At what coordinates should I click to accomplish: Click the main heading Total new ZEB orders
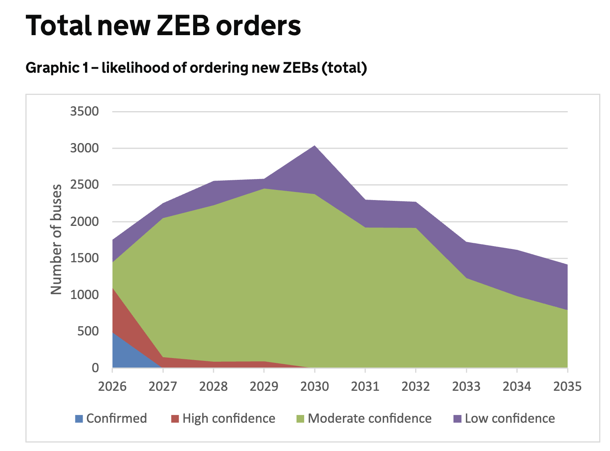coord(163,26)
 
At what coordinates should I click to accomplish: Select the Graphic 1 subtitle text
coord(196,68)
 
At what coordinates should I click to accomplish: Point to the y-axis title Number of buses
coord(56,239)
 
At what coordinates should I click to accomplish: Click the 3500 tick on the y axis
coord(84,111)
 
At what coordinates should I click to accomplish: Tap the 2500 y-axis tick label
coord(84,185)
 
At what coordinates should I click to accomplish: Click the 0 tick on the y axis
coord(95,368)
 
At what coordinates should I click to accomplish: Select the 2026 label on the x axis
coord(112,387)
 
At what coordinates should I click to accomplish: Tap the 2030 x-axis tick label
coord(315,387)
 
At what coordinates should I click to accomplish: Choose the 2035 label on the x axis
coord(567,387)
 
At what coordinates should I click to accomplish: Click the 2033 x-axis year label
coord(466,387)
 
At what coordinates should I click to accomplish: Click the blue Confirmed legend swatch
coord(79,419)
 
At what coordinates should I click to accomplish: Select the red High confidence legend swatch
coord(175,419)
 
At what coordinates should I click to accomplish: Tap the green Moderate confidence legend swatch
coord(300,419)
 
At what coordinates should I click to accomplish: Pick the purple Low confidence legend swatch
coord(457,419)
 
